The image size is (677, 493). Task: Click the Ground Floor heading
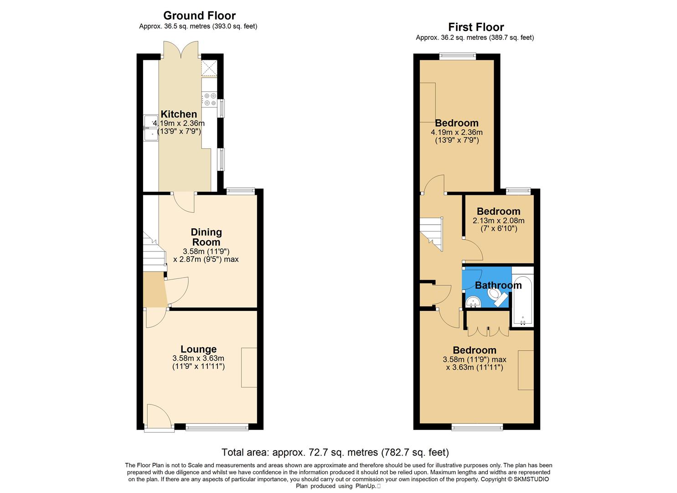click(199, 16)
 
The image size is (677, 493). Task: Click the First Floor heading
click(475, 27)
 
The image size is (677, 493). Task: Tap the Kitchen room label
click(179, 114)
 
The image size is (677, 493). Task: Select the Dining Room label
click(206, 237)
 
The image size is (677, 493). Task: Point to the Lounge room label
click(198, 349)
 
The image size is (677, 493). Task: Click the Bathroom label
click(498, 285)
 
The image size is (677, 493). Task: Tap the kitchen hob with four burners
click(210, 100)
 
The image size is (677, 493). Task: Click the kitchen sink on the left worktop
click(150, 128)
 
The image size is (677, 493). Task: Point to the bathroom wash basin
click(473, 302)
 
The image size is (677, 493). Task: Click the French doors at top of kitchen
click(181, 49)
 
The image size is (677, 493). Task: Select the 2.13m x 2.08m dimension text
click(498, 220)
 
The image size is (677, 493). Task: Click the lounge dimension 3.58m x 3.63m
click(198, 358)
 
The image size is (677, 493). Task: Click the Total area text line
click(335, 452)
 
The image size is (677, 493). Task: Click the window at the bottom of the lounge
click(217, 427)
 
